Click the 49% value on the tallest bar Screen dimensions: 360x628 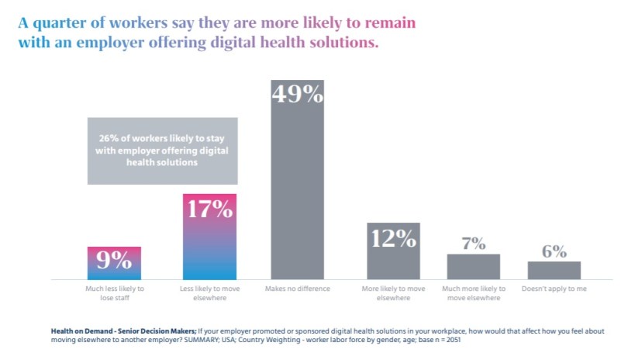[x=296, y=95]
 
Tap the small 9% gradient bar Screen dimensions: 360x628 [x=114, y=263]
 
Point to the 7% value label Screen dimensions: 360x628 [x=473, y=244]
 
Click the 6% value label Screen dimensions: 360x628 [x=554, y=251]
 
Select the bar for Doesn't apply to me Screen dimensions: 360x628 [x=554, y=270]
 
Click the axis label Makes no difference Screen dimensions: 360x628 [x=297, y=289]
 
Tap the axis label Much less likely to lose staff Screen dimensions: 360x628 [x=114, y=293]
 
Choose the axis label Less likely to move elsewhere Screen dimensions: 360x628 [x=209, y=293]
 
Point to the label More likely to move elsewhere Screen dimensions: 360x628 [x=393, y=293]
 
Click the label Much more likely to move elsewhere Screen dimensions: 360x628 [x=473, y=293]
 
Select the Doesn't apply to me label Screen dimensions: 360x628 [x=554, y=289]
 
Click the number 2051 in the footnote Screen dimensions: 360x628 [x=459, y=340]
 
